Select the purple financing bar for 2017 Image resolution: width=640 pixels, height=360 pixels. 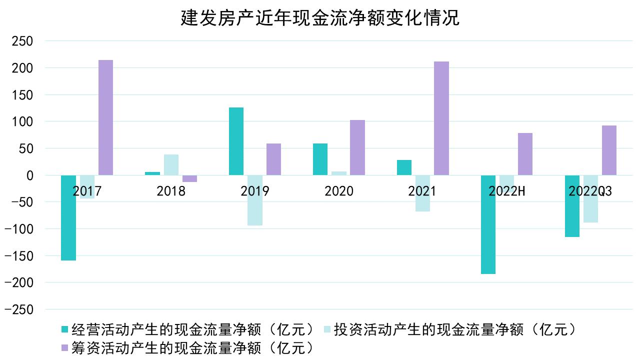[105, 117]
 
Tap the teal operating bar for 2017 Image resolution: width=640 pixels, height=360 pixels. [68, 217]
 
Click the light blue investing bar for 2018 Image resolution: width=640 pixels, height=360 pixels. [171, 165]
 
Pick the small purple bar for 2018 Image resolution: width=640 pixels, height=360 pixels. [189, 178]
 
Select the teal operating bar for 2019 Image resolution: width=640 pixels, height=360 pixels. [236, 141]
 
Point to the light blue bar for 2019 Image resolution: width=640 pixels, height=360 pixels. [255, 200]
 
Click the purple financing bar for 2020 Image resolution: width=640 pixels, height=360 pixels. [357, 147]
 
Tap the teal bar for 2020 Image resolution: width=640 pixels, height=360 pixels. [320, 159]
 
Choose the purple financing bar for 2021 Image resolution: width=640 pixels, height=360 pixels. [441, 118]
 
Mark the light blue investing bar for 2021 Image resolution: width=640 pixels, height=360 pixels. [422, 193]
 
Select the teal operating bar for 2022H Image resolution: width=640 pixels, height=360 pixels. [488, 224]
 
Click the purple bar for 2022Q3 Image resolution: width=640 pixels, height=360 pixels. [609, 150]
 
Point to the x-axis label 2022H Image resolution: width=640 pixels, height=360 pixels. [507, 191]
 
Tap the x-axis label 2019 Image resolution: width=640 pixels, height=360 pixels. [254, 191]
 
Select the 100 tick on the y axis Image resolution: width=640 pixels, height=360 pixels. [21, 121]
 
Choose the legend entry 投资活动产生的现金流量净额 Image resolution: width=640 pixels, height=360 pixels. [450, 329]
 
